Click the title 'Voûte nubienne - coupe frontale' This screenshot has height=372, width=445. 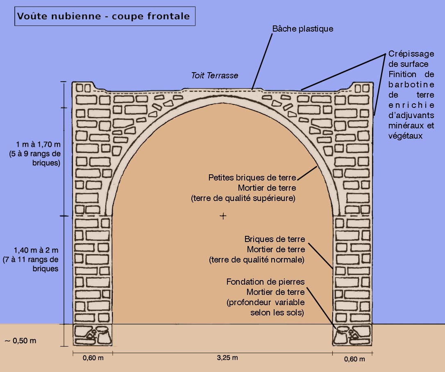[103, 16]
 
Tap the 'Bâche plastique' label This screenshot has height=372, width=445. [302, 29]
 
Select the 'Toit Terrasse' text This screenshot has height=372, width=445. [215, 75]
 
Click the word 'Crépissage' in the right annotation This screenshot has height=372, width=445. [411, 54]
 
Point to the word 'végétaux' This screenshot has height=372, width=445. [405, 135]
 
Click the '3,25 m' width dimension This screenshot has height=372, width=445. [227, 358]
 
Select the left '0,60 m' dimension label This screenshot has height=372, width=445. [93, 358]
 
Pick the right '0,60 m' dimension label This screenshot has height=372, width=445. [354, 359]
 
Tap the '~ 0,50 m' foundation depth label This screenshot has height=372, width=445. [20, 340]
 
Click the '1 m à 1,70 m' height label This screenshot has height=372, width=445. [39, 144]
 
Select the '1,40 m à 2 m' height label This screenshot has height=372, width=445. [36, 250]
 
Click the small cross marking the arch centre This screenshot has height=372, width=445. [223, 216]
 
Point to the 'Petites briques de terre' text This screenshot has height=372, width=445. [252, 178]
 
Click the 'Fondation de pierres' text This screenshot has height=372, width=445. [266, 282]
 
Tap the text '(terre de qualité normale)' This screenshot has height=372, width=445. [257, 260]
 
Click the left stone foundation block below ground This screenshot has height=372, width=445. [93, 335]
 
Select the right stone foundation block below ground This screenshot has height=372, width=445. [352, 335]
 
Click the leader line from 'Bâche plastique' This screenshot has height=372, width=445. [262, 62]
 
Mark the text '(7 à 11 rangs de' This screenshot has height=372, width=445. [31, 260]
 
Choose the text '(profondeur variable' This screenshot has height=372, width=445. [266, 302]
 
